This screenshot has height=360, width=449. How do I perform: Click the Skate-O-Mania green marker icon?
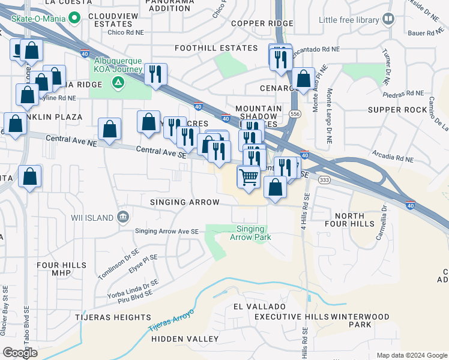pyautogui.click(x=74, y=18)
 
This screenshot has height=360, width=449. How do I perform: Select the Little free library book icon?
pyautogui.click(x=388, y=20)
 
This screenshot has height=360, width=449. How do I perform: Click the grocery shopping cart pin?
pyautogui.click(x=249, y=177)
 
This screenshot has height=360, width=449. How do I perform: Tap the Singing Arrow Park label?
pyautogui.click(x=250, y=233)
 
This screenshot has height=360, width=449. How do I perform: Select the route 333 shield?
pyautogui.click(x=324, y=179)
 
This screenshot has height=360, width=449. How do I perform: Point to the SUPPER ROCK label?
pyautogui.click(x=396, y=110)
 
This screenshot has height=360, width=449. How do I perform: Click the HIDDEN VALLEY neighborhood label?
pyautogui.click(x=185, y=339)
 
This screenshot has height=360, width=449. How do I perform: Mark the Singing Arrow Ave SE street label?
pyautogui.click(x=166, y=231)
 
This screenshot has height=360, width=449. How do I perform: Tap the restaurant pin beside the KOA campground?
pyautogui.click(x=155, y=74)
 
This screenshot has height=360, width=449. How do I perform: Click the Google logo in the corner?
pyautogui.click(x=20, y=353)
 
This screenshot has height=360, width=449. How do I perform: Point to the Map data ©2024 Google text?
pyautogui.click(x=411, y=355)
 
